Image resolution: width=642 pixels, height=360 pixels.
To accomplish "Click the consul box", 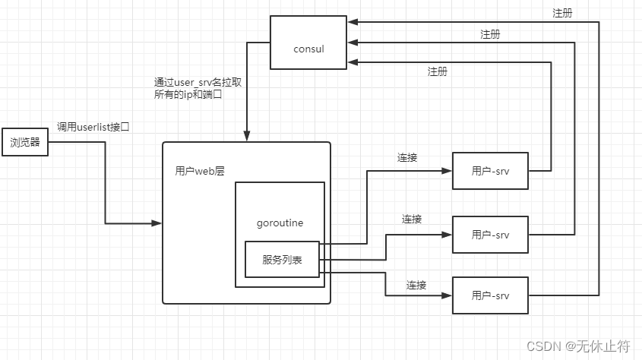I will coord(308,49).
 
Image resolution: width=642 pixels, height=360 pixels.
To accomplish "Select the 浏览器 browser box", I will coord(25,142).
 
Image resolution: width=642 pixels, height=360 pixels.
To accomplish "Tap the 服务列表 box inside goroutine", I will coord(282,260).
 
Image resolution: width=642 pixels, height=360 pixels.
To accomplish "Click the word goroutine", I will coord(281,223).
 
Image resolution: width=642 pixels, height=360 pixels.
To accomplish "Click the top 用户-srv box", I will coord(490,171).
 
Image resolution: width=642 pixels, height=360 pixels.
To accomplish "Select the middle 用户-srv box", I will coord(490,235).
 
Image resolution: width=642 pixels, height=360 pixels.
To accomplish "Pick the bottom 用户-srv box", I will coord(490,295).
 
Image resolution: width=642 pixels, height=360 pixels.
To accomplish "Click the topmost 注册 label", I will coord(563,14).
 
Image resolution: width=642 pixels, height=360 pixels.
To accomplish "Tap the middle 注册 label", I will coord(490,34).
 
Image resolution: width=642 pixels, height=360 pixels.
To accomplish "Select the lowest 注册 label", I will coord(438,71).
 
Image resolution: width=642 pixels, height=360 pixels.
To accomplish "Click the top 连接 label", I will coord(407,158).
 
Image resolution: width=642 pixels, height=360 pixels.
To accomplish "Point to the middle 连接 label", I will coord(412,219).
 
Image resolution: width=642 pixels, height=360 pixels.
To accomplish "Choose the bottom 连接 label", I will coord(416,285).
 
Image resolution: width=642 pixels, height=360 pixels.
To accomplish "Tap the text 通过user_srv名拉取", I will coord(198,82).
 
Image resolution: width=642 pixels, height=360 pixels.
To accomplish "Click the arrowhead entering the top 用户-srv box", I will coord(448,171).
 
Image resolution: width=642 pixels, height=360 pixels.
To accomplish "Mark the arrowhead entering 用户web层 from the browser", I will coord(158,223).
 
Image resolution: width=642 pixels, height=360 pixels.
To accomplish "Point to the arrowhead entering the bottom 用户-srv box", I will coord(448,295).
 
